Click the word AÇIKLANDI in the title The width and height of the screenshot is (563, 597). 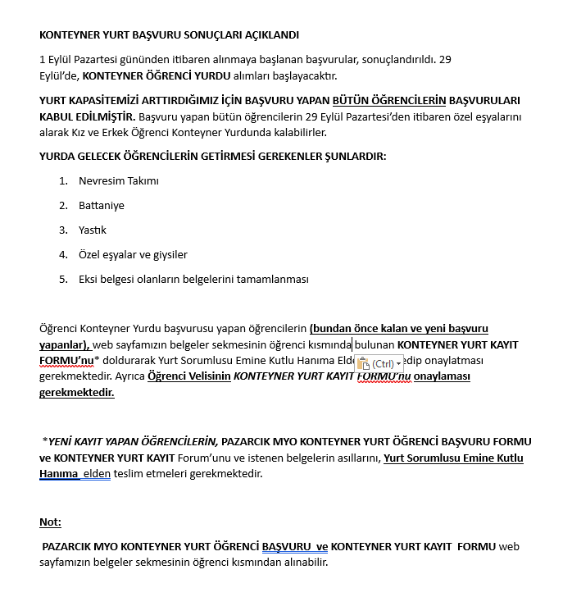(271, 35)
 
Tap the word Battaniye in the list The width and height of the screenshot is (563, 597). (102, 205)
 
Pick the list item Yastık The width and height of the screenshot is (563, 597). (93, 230)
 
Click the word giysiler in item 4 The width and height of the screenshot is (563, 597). (169, 254)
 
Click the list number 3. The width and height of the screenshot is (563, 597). (63, 230)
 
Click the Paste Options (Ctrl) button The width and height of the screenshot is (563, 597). (379, 363)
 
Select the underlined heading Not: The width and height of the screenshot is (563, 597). (50, 522)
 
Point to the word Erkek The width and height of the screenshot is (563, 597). (216, 132)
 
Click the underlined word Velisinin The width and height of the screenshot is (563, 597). (210, 376)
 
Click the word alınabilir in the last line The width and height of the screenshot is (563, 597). (302, 563)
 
